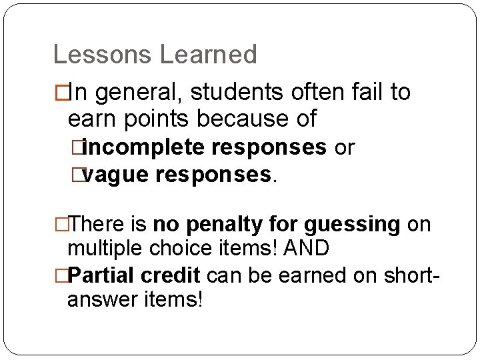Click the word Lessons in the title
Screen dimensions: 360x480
pyautogui.click(x=101, y=55)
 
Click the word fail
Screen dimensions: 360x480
pyautogui.click(x=364, y=93)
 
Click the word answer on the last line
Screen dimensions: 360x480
pyautogui.click(x=104, y=299)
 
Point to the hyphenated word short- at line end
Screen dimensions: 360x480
pyautogui.click(x=406, y=274)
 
